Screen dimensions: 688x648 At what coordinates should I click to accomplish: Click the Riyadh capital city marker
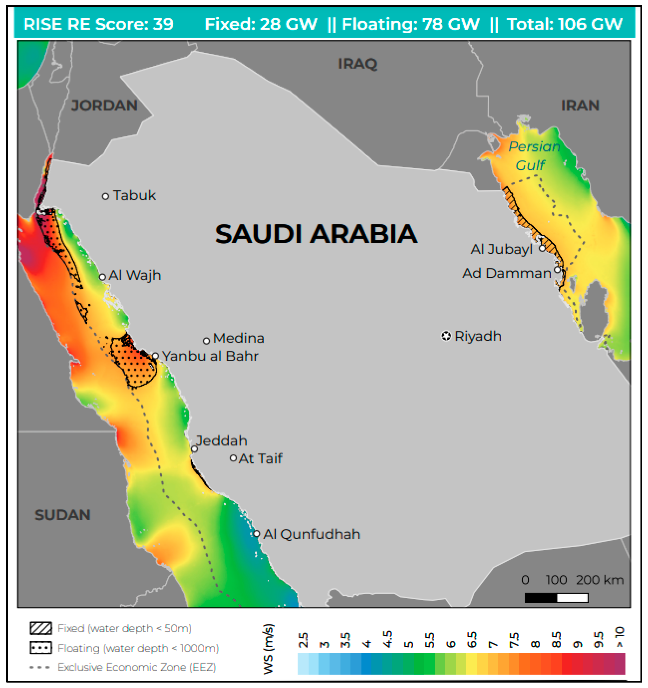tap(446, 336)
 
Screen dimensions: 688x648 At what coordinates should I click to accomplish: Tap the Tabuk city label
tap(134, 196)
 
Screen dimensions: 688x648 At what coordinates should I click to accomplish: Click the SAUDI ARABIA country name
tap(316, 234)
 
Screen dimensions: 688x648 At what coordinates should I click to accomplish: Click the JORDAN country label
tap(104, 106)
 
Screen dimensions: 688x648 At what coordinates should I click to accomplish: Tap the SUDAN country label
tap(62, 515)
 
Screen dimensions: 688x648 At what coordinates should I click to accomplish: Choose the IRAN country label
tap(580, 106)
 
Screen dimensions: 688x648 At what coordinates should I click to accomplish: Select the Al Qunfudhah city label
tap(311, 534)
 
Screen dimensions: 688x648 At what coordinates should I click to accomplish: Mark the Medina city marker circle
tap(206, 341)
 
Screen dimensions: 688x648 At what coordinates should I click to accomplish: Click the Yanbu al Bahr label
tap(210, 356)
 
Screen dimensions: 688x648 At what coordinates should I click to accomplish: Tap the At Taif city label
tap(260, 458)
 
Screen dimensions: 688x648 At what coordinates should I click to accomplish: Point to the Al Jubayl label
tap(501, 249)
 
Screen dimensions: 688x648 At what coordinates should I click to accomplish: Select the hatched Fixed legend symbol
tap(41, 628)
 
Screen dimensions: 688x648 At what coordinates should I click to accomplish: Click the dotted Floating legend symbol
tap(41, 647)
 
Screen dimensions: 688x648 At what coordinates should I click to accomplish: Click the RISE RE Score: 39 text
tap(98, 24)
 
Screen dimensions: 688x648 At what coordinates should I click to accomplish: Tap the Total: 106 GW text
tap(564, 24)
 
